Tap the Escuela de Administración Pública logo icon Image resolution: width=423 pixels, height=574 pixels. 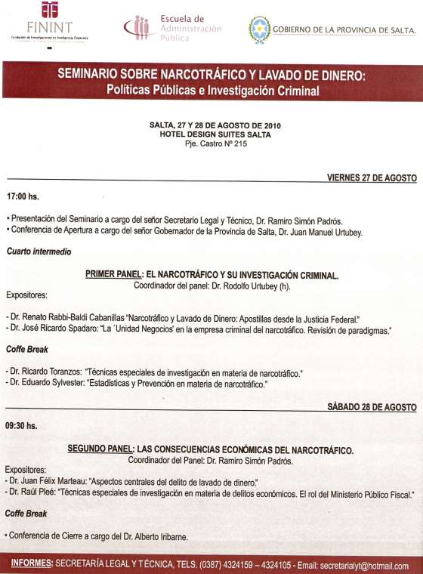pos(139,27)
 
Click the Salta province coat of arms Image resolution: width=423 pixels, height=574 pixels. pos(259,29)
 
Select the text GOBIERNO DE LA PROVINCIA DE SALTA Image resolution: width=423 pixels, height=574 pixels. pos(343,29)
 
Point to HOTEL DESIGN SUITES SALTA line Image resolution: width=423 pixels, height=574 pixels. pos(210,134)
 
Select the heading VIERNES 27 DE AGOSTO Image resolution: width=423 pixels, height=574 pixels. pos(371,177)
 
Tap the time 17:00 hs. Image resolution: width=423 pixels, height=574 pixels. pos(22,196)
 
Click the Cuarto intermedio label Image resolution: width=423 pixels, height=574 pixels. pos(35,251)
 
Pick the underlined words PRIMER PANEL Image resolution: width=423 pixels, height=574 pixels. pos(114,276)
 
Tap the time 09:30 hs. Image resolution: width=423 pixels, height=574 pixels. pos(22,425)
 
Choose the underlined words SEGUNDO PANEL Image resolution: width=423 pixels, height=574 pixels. pos(100,450)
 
